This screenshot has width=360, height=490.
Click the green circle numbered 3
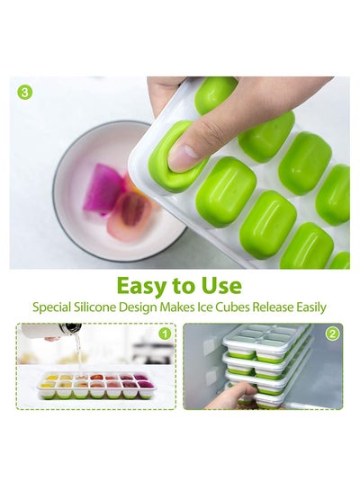(x=25, y=93)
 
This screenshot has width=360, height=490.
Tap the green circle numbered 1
(x=165, y=334)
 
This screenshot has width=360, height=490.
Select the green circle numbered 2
(x=332, y=334)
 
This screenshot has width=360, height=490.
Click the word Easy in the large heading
(x=141, y=286)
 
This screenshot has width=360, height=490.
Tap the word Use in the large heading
(x=221, y=285)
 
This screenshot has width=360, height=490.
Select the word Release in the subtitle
(x=273, y=307)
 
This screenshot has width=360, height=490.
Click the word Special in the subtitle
(x=52, y=307)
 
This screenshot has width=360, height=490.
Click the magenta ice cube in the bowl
(x=103, y=189)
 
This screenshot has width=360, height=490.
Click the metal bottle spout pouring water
(x=70, y=328)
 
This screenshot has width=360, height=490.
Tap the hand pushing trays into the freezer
(x=230, y=396)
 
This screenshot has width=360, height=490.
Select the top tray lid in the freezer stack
(x=266, y=338)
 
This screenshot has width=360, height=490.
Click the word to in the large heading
(x=184, y=286)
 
